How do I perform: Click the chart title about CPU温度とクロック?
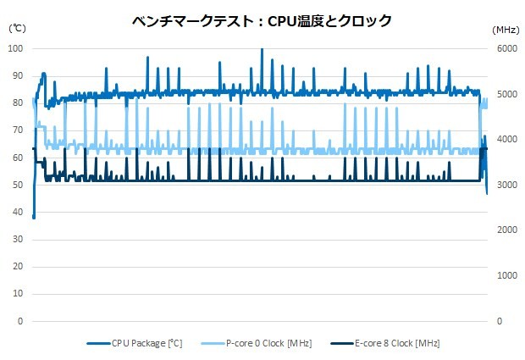(262, 20)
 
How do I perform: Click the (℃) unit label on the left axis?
(17, 29)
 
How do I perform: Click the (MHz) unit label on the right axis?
(506, 29)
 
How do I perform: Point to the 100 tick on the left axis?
(16, 48)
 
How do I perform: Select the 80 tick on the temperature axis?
(18, 103)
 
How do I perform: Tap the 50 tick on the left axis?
(18, 185)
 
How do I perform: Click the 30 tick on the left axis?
(18, 240)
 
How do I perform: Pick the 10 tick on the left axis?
(18, 295)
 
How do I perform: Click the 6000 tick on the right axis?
(506, 48)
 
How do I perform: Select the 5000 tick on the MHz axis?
(506, 94)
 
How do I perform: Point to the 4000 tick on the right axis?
(506, 140)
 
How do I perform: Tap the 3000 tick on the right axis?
(506, 185)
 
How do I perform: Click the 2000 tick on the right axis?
(506, 230)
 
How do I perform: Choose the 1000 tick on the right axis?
(506, 276)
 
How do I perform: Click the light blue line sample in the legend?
(213, 343)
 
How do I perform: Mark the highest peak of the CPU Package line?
(262, 49)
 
